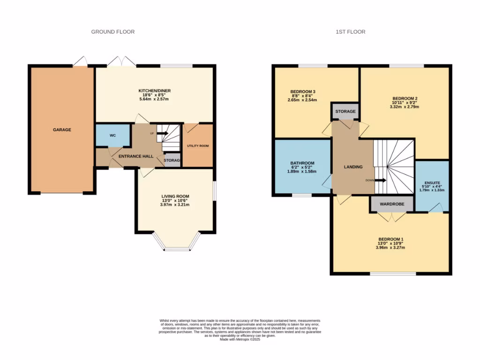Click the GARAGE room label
pyautogui.click(x=62, y=129)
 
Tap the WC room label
pyautogui.click(x=112, y=135)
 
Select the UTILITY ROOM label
pyautogui.click(x=198, y=146)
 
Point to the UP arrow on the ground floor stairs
pyautogui.click(x=162, y=133)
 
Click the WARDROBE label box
pyautogui.click(x=392, y=204)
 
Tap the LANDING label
pyautogui.click(x=353, y=166)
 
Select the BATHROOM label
pyautogui.click(x=302, y=163)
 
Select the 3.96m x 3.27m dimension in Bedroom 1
pyautogui.click(x=391, y=247)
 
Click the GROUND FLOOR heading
pyautogui.click(x=112, y=32)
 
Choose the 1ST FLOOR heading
pyautogui.click(x=350, y=32)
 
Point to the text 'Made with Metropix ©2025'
pyautogui.click(x=240, y=339)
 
